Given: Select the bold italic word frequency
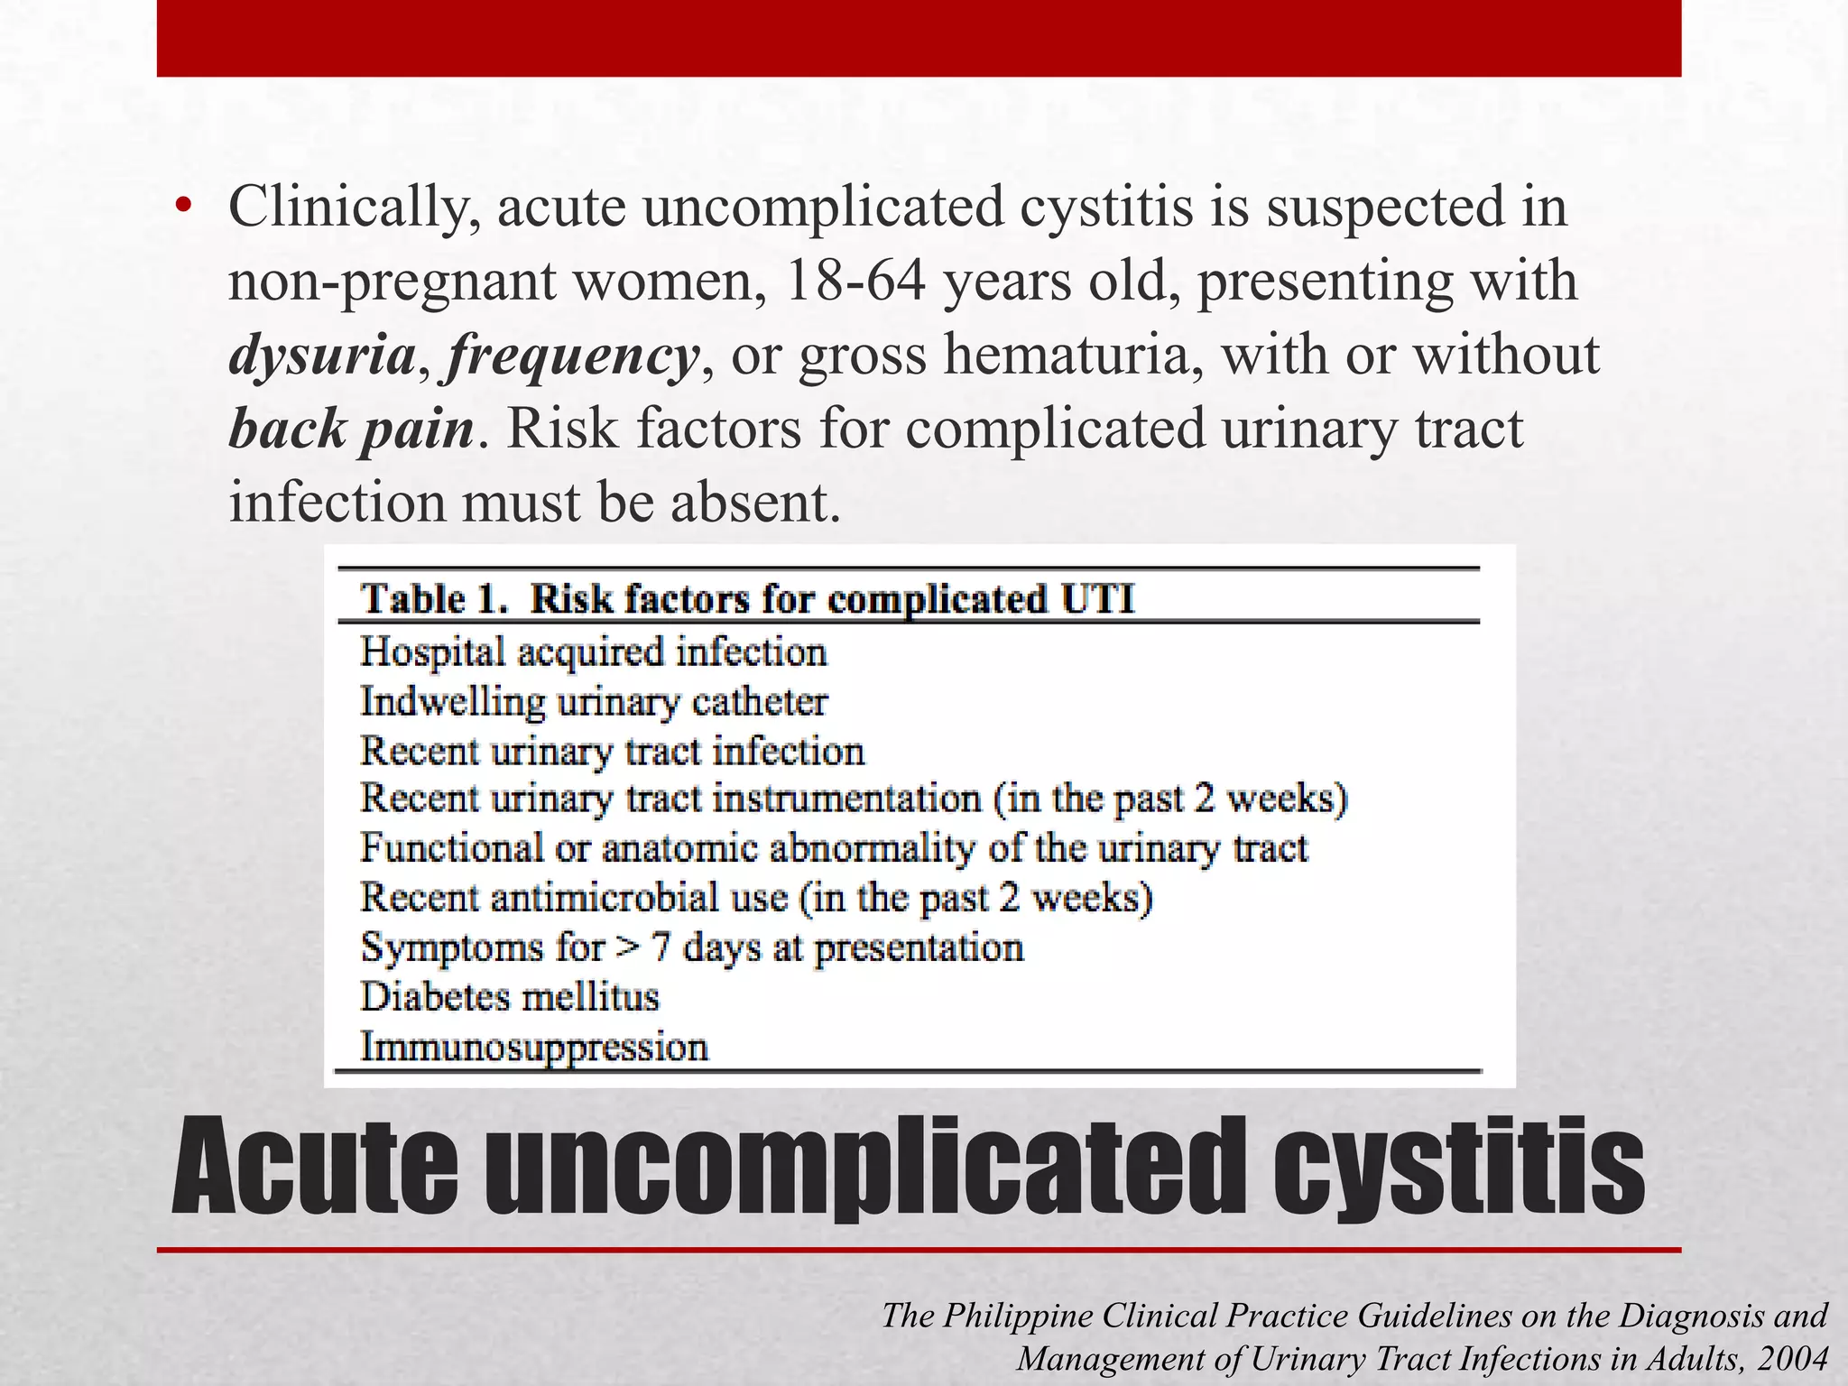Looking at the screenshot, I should (573, 356).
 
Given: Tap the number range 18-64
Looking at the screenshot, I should (855, 282).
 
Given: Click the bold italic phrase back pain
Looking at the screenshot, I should (351, 430).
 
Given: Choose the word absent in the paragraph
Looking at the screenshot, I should (754, 503).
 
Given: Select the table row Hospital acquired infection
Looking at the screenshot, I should (593, 652).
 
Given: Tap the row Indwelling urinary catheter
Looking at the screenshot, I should (593, 702).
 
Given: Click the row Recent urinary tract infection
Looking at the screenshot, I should (612, 752).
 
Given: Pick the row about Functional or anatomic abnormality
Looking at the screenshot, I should (834, 849).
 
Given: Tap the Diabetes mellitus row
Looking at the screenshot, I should (510, 997).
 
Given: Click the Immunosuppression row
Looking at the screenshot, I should (534, 1048).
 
